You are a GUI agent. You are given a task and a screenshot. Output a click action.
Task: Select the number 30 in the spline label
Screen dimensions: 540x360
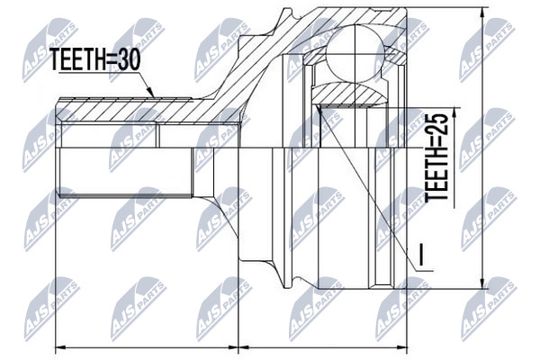pos(129,59)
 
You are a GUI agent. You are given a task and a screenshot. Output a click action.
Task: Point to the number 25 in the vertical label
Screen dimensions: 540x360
pos(436,125)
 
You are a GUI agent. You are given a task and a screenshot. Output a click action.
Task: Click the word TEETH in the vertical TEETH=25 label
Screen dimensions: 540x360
pos(436,175)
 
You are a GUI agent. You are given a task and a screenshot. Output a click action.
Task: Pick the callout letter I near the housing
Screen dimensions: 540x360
pos(421,255)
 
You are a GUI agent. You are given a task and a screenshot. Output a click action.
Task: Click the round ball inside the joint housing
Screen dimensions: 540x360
pos(355,54)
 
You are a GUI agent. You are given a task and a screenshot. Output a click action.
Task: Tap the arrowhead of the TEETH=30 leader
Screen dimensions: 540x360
pos(150,92)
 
